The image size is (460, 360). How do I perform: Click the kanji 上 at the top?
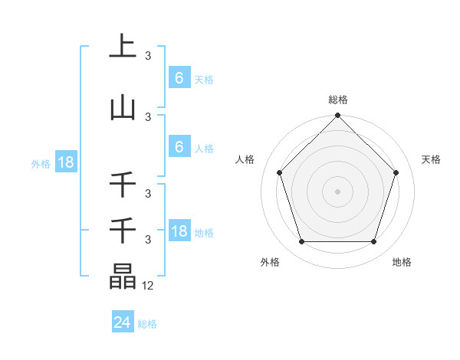pos(123,46)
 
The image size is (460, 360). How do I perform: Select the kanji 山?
pos(123,107)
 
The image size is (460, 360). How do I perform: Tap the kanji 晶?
pos(123,277)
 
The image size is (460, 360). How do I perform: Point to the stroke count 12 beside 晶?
pos(148,286)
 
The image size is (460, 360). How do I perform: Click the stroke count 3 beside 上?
pos(148,56)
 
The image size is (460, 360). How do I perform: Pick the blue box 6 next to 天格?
pos(179,77)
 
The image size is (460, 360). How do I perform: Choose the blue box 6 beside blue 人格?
pos(179,147)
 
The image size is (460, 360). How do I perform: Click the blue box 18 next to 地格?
pos(179,231)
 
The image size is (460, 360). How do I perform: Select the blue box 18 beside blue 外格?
pos(65,162)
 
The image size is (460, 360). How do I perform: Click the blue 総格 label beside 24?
pos(147,324)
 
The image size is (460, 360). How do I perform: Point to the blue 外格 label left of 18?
pos(41,163)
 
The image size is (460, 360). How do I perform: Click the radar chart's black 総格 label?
pos(338,100)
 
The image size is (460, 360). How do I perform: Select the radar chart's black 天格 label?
pos(432,159)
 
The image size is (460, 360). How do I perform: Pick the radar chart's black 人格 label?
pos(245,159)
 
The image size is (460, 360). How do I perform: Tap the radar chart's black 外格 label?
pos(270,262)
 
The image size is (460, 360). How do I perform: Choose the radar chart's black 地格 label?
pos(402,262)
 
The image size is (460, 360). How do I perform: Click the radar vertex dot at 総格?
pos(338,116)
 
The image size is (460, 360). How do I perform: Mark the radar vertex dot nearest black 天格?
pos(396,172)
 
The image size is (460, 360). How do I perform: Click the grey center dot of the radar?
pos(338,191)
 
